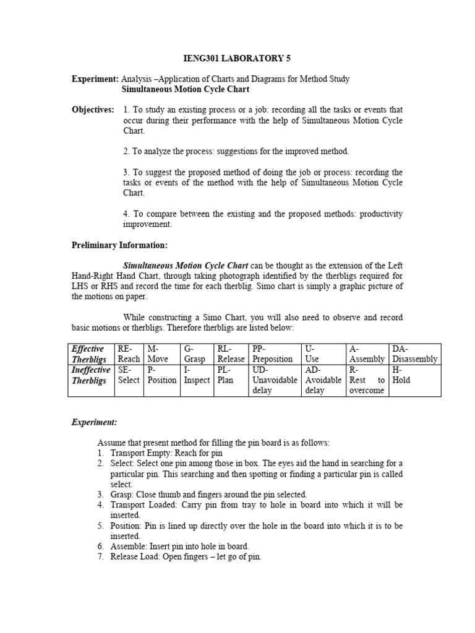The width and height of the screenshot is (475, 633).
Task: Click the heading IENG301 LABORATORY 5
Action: (237, 59)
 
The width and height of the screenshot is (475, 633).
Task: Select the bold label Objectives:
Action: (93, 109)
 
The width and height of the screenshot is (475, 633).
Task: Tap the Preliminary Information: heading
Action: (119, 245)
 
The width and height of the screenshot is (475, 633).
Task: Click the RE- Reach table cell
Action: (129, 354)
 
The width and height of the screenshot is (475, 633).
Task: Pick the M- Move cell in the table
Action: (162, 354)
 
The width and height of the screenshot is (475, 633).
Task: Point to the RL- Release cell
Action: (231, 354)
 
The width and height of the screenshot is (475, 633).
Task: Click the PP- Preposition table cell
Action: (275, 354)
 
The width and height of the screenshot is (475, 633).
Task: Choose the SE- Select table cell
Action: (129, 375)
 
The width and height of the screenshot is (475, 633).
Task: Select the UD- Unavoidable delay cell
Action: (275, 380)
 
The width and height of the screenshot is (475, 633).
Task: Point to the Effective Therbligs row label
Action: (89, 354)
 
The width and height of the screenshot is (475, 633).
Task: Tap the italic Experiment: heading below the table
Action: (94, 422)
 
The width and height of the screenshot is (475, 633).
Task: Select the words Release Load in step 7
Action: (136, 556)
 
